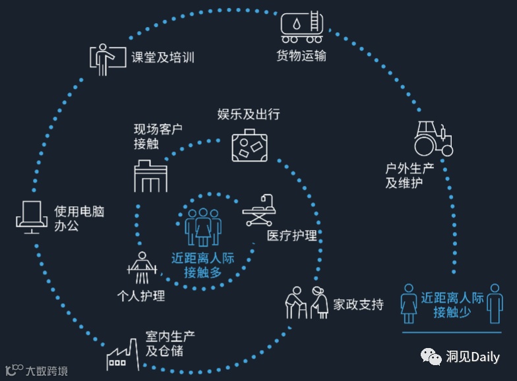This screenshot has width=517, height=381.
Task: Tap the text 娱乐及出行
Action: [x=249, y=114]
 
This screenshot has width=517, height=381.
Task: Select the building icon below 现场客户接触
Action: [x=151, y=175]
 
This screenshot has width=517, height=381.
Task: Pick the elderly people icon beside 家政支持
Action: [x=307, y=304]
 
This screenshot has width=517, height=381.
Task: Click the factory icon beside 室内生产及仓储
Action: [x=123, y=353]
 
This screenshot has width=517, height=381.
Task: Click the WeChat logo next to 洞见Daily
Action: [x=434, y=357]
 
